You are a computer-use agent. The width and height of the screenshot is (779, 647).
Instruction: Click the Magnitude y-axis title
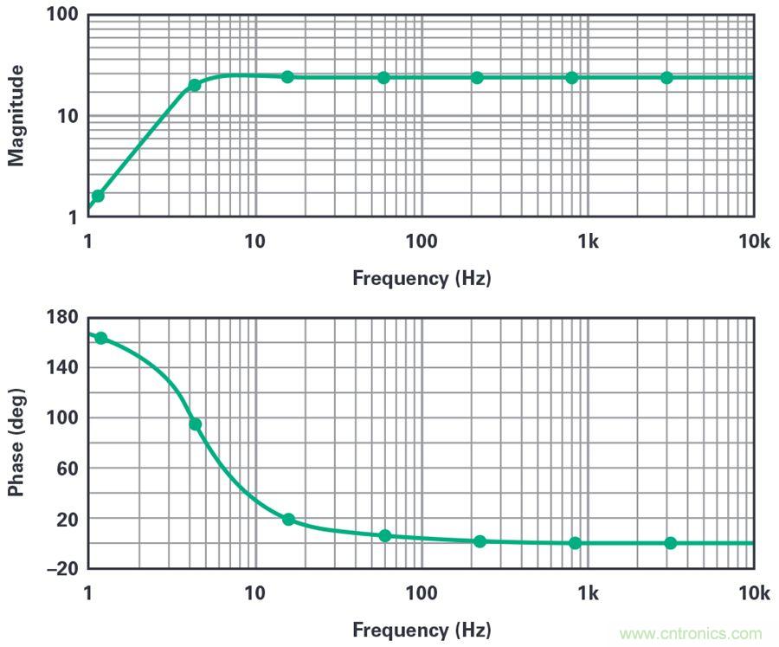click(x=16, y=115)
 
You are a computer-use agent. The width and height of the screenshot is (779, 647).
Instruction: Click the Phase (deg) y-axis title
click(x=16, y=442)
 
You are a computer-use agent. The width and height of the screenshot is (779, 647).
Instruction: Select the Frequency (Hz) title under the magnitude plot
click(x=422, y=278)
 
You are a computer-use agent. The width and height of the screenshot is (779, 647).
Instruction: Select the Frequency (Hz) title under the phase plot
click(x=422, y=630)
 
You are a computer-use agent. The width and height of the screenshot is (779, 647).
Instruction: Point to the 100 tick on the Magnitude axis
click(x=63, y=16)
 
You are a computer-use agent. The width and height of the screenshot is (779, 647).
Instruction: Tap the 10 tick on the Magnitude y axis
click(x=68, y=116)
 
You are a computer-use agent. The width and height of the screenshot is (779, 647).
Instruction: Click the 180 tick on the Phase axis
click(x=63, y=317)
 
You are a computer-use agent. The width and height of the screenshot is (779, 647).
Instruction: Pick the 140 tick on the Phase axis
click(x=63, y=367)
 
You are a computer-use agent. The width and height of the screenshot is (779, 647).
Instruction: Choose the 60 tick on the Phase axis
click(x=68, y=469)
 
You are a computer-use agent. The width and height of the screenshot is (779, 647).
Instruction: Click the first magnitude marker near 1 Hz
click(x=98, y=196)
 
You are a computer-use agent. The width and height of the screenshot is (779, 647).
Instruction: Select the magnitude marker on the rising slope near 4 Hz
click(x=195, y=85)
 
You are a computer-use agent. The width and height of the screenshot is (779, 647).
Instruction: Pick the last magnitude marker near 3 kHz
click(x=666, y=78)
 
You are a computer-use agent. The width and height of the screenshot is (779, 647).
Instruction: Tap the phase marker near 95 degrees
click(x=196, y=424)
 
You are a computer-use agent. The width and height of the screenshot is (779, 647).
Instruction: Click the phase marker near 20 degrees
click(x=288, y=520)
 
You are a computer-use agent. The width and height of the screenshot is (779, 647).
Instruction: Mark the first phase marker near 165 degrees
click(x=100, y=338)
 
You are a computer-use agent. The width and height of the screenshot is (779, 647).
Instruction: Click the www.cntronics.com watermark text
click(x=691, y=633)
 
